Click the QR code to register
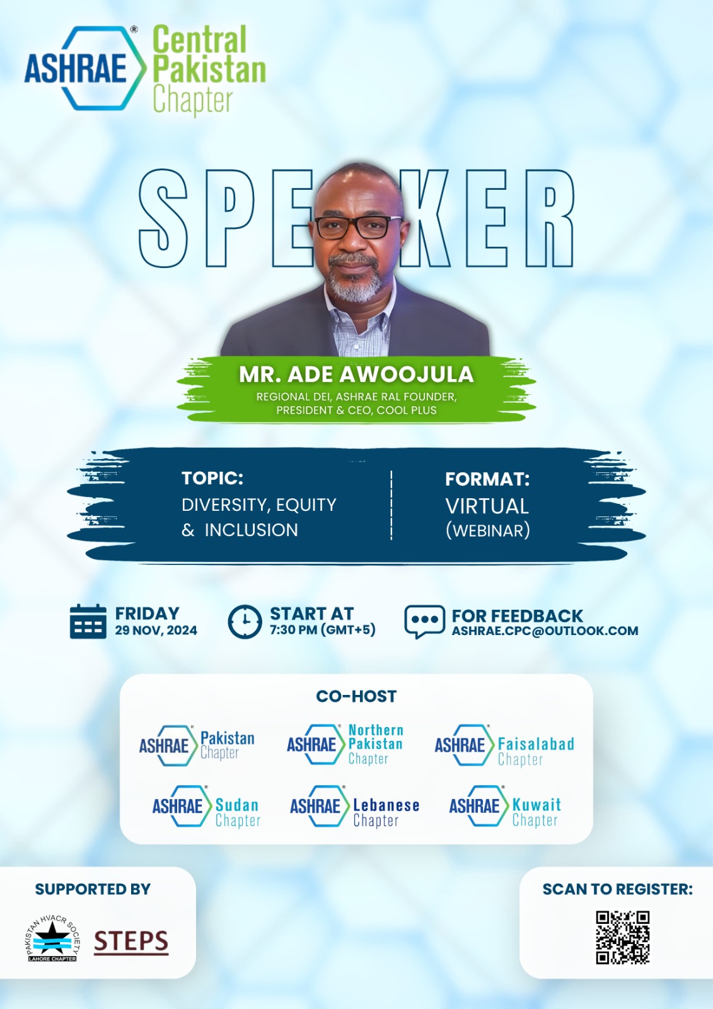pyautogui.click(x=622, y=937)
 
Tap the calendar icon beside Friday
pyautogui.click(x=88, y=622)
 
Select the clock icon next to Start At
pyautogui.click(x=245, y=622)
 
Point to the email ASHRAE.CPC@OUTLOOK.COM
pyautogui.click(x=545, y=631)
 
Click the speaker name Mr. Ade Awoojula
pyautogui.click(x=356, y=375)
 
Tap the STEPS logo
pyautogui.click(x=131, y=942)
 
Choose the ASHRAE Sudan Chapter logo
pyautogui.click(x=206, y=807)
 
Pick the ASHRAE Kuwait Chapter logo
pyautogui.click(x=505, y=807)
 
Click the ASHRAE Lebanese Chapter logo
pyautogui.click(x=354, y=807)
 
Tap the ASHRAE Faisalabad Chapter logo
pyautogui.click(x=504, y=745)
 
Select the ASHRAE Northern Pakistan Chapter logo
pyautogui.click(x=345, y=745)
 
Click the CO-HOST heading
pyautogui.click(x=356, y=696)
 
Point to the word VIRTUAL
pyautogui.click(x=487, y=506)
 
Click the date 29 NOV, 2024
pyautogui.click(x=156, y=630)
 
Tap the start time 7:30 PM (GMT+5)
pyautogui.click(x=323, y=629)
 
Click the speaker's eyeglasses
pyautogui.click(x=358, y=227)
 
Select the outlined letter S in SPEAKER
pyautogui.click(x=163, y=218)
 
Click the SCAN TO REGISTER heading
pyautogui.click(x=618, y=889)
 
